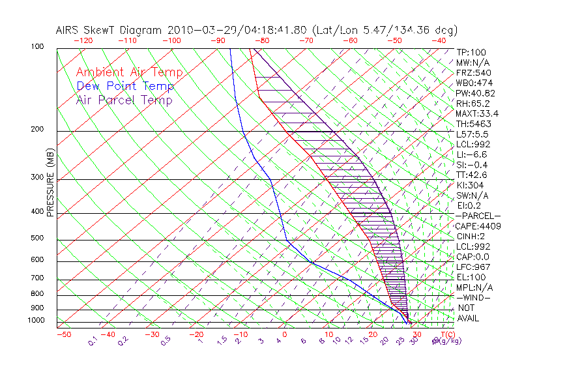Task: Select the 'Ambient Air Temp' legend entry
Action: [x=129, y=72]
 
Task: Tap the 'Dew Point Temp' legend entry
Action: [x=124, y=86]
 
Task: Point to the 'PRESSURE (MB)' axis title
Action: [x=50, y=182]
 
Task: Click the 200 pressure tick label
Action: [x=36, y=129]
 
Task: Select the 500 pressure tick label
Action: [x=36, y=239]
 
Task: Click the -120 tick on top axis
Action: [x=83, y=40]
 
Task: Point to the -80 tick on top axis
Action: [x=262, y=40]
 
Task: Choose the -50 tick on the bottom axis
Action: [x=63, y=334]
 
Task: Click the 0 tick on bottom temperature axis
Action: [x=285, y=334]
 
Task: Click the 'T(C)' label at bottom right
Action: [x=446, y=334]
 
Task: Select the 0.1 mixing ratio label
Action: [x=94, y=341]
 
